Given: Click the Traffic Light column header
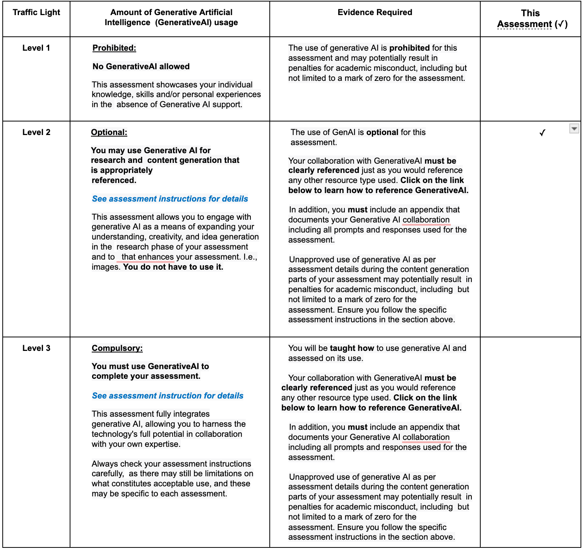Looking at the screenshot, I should coord(36,12).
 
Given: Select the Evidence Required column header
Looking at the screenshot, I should coord(375,12).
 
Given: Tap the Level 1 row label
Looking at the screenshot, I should coord(36,48).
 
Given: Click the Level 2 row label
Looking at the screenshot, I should coord(36,132).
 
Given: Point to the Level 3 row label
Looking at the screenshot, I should coord(36,348).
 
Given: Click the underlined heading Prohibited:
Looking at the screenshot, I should coord(114,48).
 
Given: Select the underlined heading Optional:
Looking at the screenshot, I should coord(109,132).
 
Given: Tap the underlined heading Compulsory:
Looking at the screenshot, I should coord(117,348).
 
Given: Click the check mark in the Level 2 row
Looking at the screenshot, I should coord(542,133).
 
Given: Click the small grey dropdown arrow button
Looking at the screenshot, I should coord(574,128).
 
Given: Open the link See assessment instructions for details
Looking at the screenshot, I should coord(170,199).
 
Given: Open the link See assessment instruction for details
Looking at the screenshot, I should coord(168,396).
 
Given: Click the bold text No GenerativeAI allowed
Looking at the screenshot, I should coord(141,67).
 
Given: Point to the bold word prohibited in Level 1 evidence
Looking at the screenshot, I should coord(409,48).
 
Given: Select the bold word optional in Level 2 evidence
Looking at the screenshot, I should coord(382,132).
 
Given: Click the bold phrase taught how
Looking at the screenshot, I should coord(352,348).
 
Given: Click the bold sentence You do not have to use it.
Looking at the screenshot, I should coord(173,267).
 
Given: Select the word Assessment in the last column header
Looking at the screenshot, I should coord(524,24).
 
